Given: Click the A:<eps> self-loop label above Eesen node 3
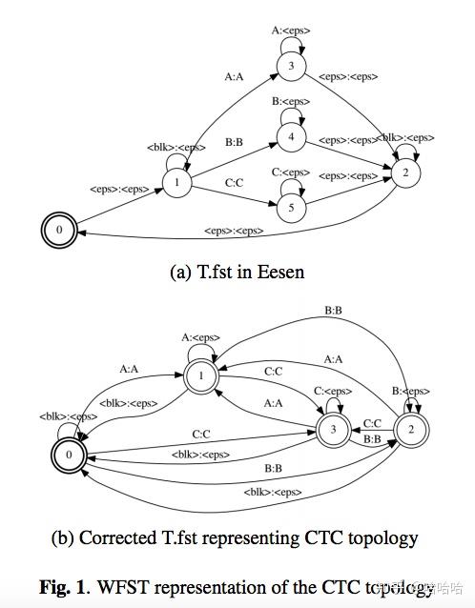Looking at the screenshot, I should [x=289, y=30].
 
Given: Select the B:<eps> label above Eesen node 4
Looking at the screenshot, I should [x=290, y=101].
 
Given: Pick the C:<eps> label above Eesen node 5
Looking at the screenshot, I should [x=290, y=172].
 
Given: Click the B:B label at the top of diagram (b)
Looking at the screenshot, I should [x=335, y=310].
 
